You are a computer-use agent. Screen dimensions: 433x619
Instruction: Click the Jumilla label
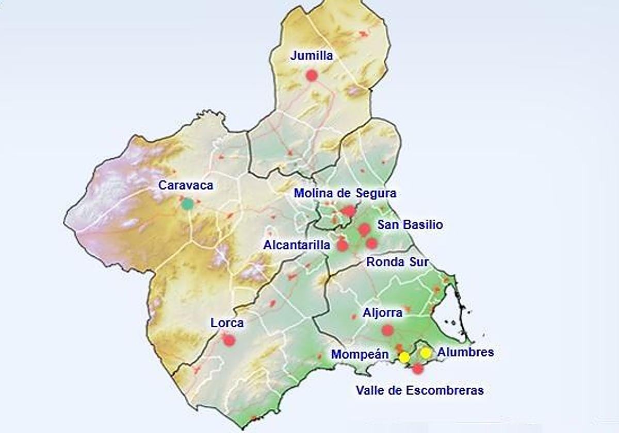(x=312, y=56)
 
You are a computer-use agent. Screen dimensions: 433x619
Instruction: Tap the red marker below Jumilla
(x=311, y=75)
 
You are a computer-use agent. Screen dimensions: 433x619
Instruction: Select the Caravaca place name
(x=186, y=186)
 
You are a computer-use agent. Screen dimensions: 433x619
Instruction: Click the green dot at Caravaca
(x=187, y=204)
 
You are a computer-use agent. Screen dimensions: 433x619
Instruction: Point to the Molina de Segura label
(x=345, y=193)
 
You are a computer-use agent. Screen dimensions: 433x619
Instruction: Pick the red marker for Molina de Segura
(x=349, y=211)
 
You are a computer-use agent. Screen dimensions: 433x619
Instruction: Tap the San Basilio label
(x=410, y=225)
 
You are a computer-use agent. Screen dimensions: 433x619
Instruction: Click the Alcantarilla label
(x=297, y=245)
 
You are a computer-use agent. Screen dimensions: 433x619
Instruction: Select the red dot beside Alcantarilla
(x=343, y=245)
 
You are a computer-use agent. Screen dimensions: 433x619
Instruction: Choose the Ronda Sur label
(x=398, y=261)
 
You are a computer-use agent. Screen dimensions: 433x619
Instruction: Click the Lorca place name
(x=227, y=323)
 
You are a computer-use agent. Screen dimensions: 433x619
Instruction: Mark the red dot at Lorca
(x=229, y=340)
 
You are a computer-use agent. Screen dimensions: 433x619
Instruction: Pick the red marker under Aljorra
(x=388, y=330)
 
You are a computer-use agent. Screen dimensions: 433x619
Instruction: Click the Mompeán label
(x=360, y=354)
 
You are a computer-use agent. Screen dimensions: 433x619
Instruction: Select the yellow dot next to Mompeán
(x=404, y=357)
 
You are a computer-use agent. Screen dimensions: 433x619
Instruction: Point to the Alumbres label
(x=465, y=352)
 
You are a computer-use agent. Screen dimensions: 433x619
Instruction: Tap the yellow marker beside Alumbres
(x=426, y=353)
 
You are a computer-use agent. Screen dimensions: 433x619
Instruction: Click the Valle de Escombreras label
(x=420, y=390)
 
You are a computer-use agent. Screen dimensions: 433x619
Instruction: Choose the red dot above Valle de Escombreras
(x=418, y=369)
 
